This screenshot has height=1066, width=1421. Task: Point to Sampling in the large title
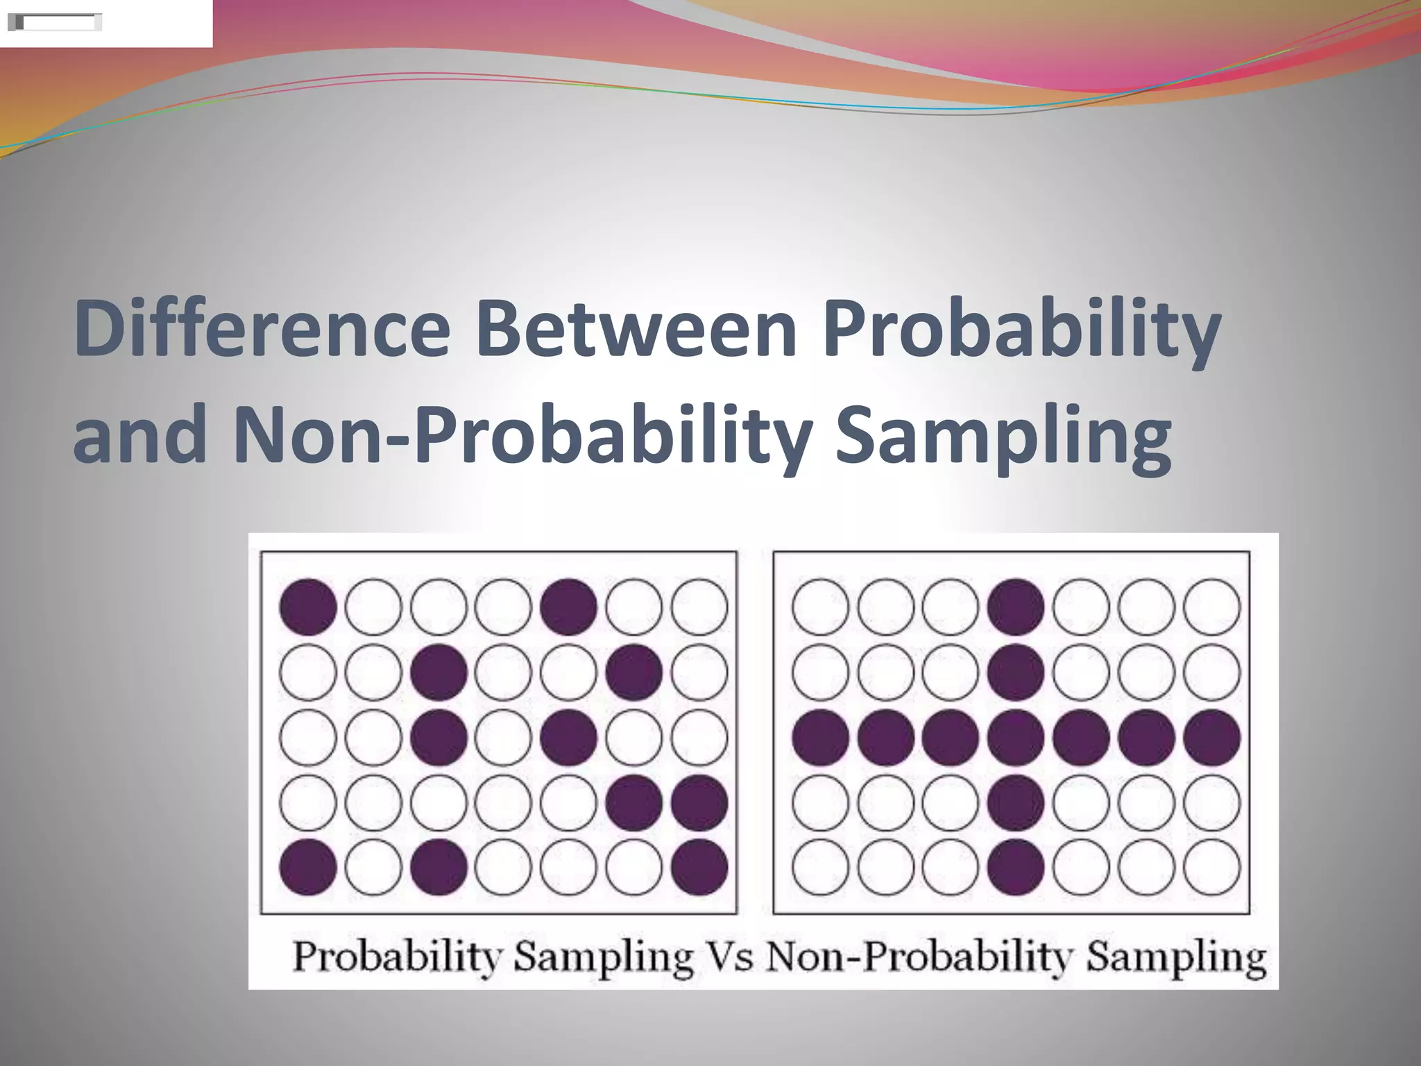[1003, 439]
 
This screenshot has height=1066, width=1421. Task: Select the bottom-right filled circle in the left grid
[699, 868]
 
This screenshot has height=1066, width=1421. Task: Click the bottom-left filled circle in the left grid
[308, 868]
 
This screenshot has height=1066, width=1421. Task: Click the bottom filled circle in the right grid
[1016, 868]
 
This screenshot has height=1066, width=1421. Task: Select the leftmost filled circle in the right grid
[820, 737]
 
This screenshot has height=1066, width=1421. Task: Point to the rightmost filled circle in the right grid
[1211, 737]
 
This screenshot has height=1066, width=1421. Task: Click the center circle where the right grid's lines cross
[1016, 737]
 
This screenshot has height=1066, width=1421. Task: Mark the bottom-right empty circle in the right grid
[1211, 868]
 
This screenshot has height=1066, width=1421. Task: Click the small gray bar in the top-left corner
[54, 23]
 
